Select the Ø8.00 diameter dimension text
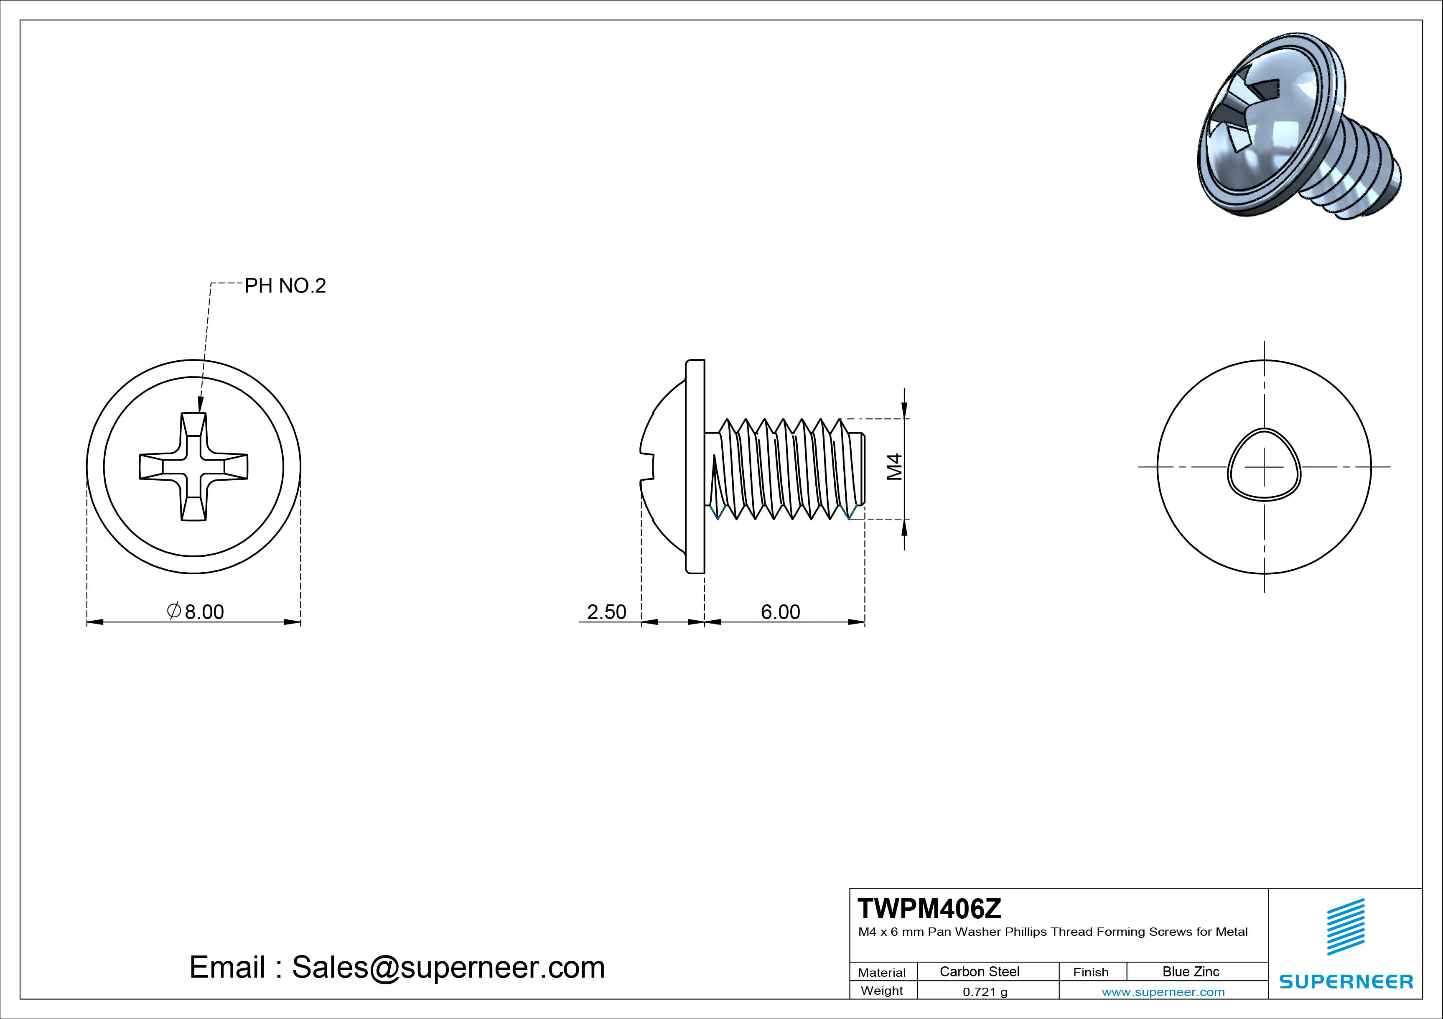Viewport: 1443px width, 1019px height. click(196, 611)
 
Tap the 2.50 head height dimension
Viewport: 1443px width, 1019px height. click(606, 611)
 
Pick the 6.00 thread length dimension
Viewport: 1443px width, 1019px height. click(781, 611)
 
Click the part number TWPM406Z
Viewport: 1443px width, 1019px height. click(929, 909)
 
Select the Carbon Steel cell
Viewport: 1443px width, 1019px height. click(979, 971)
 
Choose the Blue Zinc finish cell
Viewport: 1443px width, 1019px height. click(1191, 971)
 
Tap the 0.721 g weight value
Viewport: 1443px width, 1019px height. click(985, 992)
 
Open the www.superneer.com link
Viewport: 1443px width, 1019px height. click(1163, 992)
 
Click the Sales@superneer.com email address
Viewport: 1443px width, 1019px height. click(448, 968)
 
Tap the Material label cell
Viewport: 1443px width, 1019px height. click(882, 973)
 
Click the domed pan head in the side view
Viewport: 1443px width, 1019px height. click(666, 466)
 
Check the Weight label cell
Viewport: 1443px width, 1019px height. click(882, 991)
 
